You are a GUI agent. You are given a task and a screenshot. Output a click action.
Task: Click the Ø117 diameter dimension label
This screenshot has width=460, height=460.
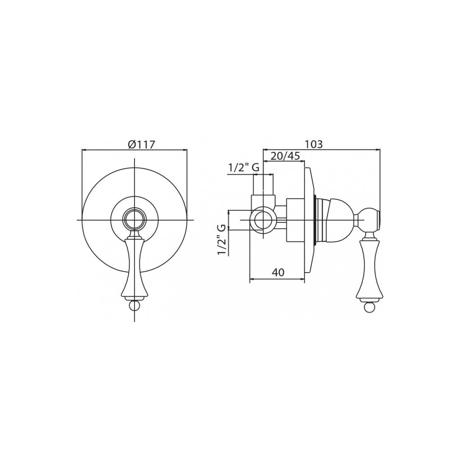141,145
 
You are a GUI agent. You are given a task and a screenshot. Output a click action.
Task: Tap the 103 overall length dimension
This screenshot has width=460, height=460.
314,144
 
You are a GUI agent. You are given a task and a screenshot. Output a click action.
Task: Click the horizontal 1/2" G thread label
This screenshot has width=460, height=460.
244,168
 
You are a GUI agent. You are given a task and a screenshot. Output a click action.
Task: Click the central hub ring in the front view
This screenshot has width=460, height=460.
135,220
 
